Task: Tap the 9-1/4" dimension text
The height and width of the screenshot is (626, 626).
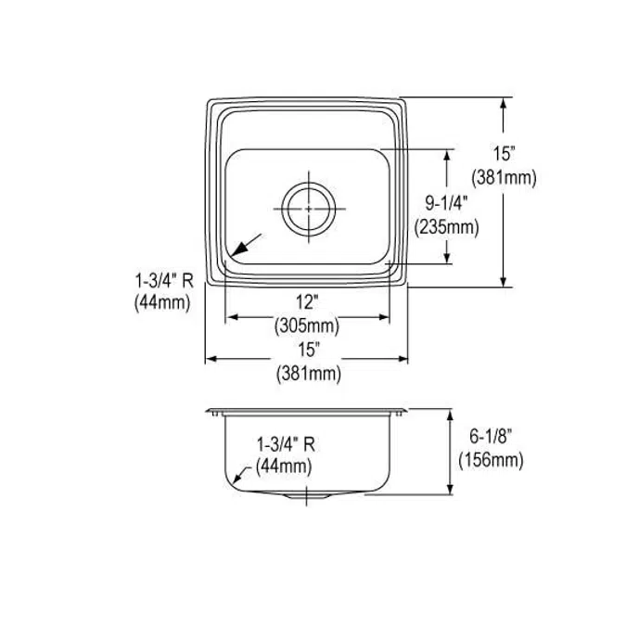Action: (x=445, y=204)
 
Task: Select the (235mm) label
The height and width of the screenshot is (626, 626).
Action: (x=446, y=227)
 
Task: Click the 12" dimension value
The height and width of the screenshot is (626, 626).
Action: (x=307, y=302)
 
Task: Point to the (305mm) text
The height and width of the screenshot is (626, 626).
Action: (x=307, y=326)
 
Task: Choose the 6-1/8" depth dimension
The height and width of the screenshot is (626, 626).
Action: (x=491, y=436)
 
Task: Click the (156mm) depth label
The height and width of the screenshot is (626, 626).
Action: (x=491, y=460)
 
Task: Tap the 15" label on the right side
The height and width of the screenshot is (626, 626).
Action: (x=504, y=154)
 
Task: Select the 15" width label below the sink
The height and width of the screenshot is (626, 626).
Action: (x=309, y=351)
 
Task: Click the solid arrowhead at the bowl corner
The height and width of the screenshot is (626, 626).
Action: (x=238, y=249)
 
